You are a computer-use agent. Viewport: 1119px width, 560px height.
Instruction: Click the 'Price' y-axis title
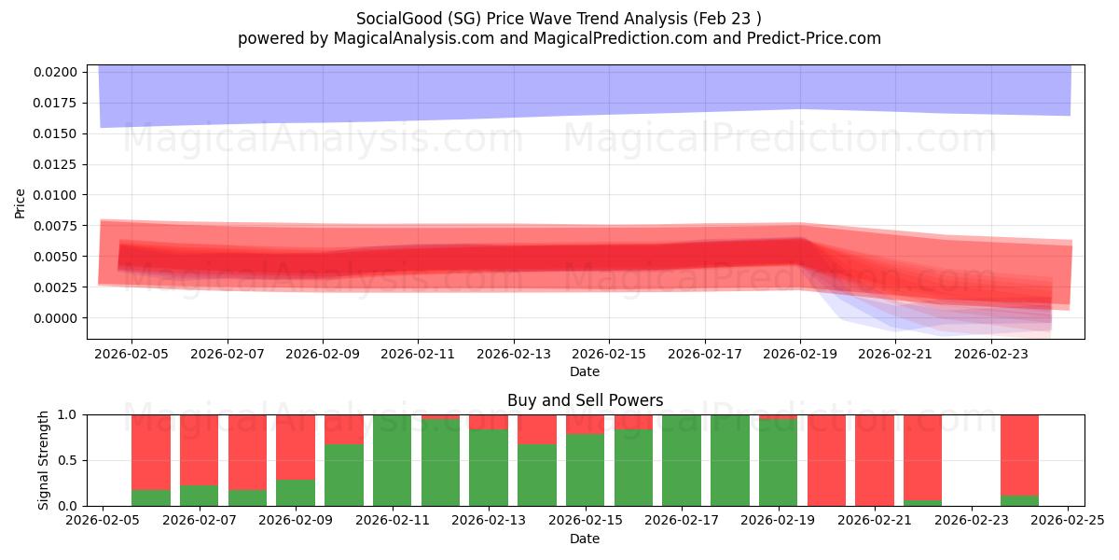[21, 203]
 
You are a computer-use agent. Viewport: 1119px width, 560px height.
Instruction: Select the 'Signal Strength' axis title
[43, 460]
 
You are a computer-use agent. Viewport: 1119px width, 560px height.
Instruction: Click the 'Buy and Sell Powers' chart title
[585, 400]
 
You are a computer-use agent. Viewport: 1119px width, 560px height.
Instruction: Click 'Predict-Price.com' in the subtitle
[813, 38]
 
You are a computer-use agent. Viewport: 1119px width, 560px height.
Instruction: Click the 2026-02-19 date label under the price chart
[800, 355]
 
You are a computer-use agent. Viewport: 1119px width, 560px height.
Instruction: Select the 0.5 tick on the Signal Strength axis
[71, 460]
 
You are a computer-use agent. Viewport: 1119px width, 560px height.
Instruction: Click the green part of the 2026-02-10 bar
[344, 474]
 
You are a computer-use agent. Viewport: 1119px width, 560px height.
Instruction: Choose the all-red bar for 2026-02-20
[826, 460]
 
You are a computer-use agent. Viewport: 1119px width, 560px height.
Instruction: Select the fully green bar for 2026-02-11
[393, 460]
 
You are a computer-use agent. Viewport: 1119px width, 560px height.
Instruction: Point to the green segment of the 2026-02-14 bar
[537, 474]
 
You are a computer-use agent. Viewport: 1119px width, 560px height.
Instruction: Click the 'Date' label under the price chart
[585, 371]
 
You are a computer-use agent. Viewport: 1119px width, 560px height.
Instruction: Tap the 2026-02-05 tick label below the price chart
[131, 355]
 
